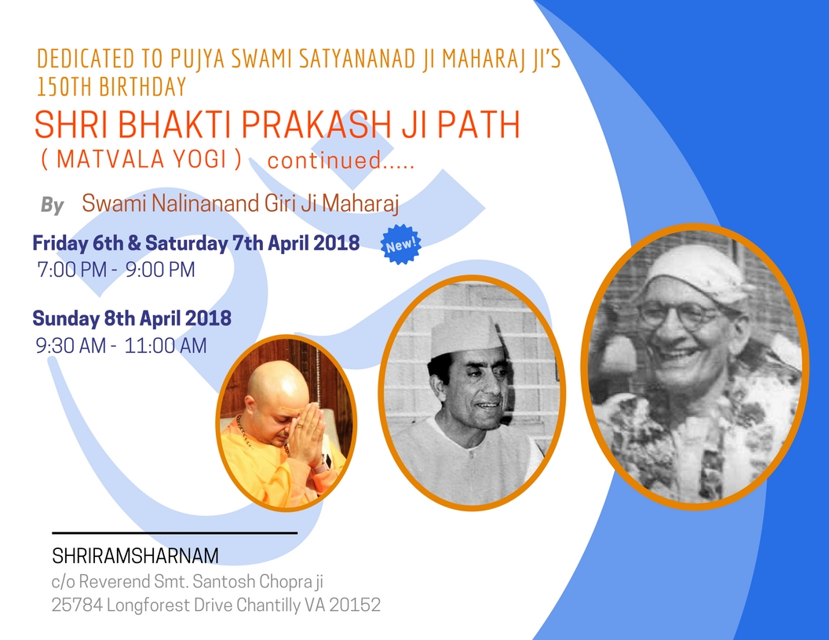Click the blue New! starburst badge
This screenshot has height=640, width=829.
tap(400, 245)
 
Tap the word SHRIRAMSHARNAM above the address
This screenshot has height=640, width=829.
tap(135, 555)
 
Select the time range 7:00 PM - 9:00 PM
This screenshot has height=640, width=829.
tap(115, 269)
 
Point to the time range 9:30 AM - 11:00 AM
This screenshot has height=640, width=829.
tap(121, 346)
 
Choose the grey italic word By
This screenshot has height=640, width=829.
tap(53, 205)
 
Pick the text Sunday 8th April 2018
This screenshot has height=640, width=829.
tap(132, 318)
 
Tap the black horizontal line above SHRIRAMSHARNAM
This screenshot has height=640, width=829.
tap(174, 533)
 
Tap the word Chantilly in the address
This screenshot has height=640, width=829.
tap(268, 605)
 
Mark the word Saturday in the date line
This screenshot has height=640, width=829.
tap(187, 243)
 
